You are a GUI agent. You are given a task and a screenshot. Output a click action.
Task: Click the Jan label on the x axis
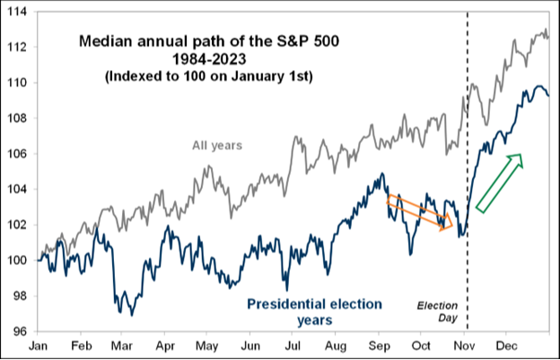click(38, 347)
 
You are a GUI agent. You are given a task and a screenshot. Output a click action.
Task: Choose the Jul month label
click(292, 347)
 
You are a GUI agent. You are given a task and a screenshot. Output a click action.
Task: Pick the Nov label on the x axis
click(464, 347)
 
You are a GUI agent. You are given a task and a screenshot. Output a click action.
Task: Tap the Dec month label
click(506, 347)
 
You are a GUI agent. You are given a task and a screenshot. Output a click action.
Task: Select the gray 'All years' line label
click(217, 145)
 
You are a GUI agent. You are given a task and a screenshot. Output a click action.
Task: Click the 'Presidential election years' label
click(315, 312)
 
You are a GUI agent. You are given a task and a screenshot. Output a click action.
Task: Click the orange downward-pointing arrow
click(419, 213)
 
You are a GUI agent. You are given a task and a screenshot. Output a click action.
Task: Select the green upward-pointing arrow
click(499, 183)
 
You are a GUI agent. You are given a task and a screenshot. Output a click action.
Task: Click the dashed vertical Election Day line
click(468, 171)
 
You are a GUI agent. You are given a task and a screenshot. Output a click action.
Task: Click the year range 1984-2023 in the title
click(209, 59)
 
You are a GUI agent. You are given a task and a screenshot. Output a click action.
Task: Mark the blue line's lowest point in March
click(132, 316)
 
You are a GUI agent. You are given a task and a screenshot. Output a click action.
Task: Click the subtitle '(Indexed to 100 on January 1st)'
click(209, 77)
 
